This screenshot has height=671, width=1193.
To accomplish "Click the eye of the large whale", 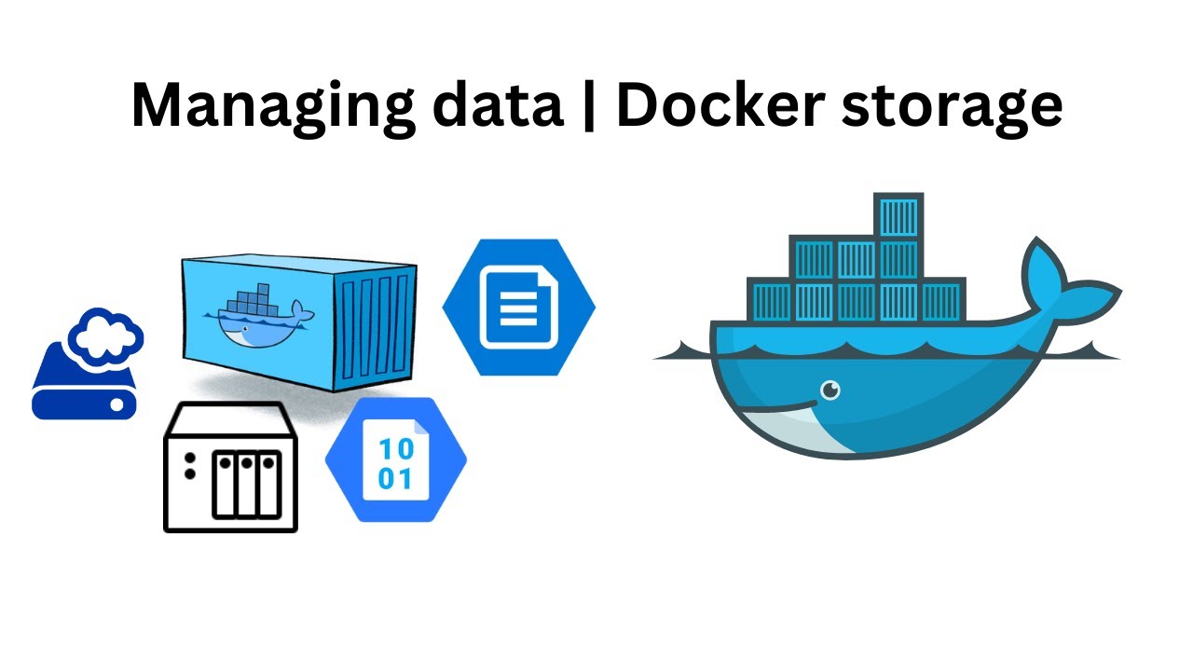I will point(830,390).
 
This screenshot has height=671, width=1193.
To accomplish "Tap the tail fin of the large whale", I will point(1063,280).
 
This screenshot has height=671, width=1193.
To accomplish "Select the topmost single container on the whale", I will point(898,216).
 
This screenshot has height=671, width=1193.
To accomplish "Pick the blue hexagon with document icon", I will point(518,308).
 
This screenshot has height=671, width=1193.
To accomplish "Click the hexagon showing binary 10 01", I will point(395,460).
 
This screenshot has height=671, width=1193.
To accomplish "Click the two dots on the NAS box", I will point(190,466).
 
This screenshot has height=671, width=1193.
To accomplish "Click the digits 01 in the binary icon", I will point(395,479).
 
